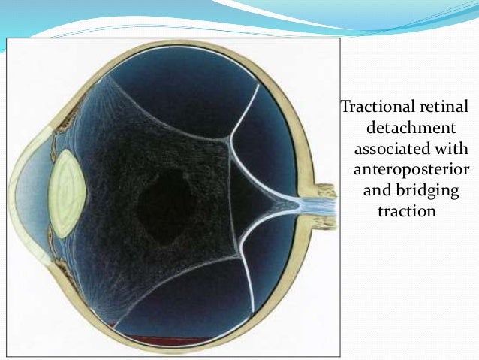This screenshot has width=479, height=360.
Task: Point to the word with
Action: pos(450,149)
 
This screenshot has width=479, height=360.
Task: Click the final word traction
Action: pos(406,212)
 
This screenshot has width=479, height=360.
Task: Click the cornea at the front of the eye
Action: pos(17,191)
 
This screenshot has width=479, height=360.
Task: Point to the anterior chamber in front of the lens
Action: pos(38,191)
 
